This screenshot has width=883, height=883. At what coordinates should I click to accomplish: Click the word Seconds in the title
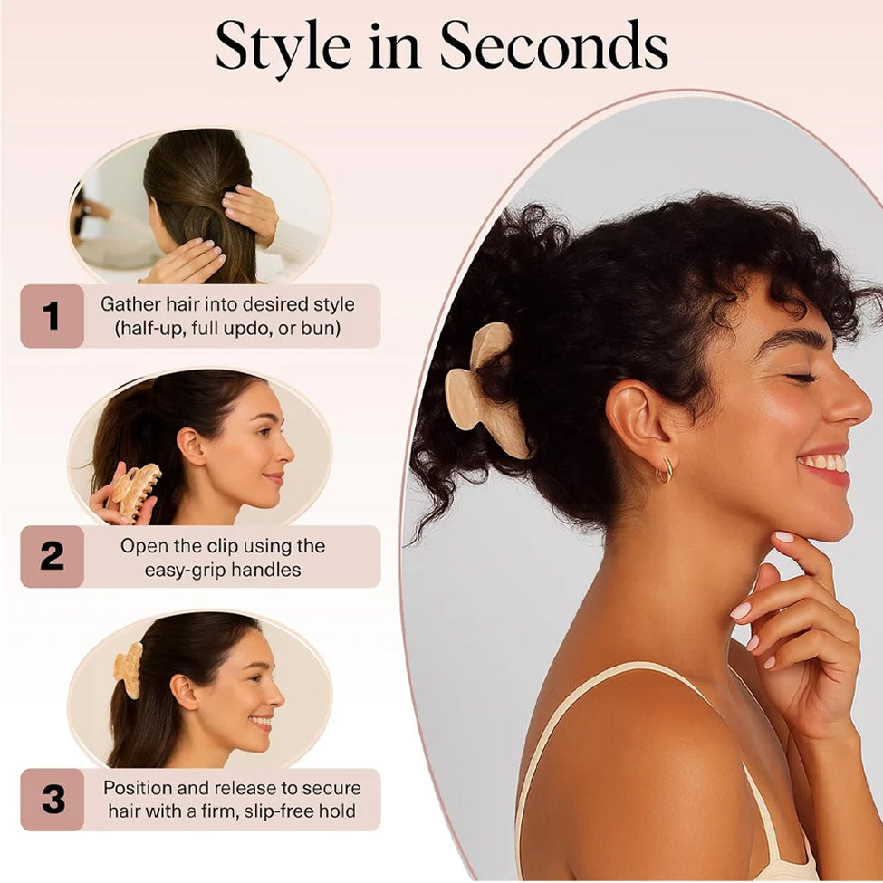tap(553, 45)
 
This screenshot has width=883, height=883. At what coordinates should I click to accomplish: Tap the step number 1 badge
tap(52, 316)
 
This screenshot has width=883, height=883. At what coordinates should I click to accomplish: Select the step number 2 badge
tap(52, 556)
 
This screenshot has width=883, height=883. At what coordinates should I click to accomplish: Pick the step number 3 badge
tap(52, 799)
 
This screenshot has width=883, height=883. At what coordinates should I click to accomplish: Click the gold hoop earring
tap(665, 470)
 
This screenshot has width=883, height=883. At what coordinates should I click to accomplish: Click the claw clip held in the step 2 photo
tap(134, 489)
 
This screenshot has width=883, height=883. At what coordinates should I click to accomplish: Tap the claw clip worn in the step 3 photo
tap(129, 670)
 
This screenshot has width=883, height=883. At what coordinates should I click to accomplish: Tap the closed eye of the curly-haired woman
tap(800, 378)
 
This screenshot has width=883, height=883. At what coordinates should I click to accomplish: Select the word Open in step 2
tap(140, 547)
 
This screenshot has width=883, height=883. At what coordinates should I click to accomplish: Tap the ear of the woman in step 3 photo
tap(184, 692)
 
